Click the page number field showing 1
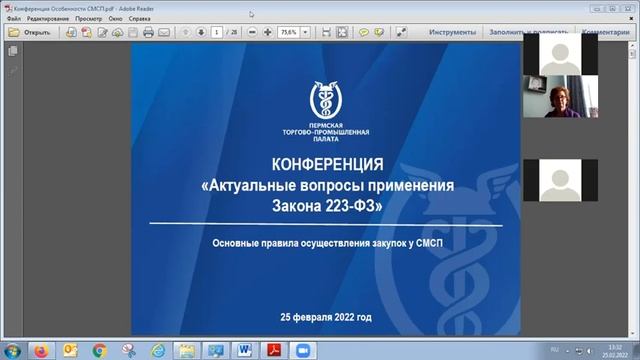pos(217,32)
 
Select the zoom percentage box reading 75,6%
pos(288,32)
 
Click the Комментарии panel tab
pos(606,32)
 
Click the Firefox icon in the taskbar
pos(41,350)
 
